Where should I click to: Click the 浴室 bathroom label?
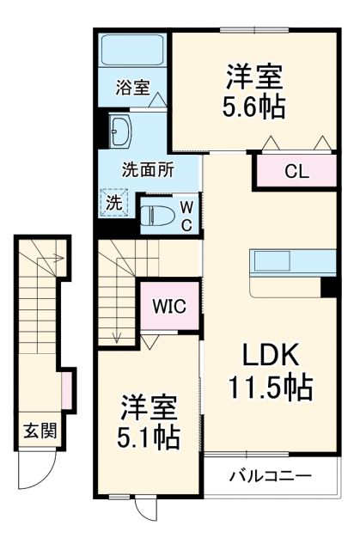pyautogui.click(x=132, y=87)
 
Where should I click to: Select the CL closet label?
pyautogui.click(x=296, y=171)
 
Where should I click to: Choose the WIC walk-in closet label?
pyautogui.click(x=171, y=307)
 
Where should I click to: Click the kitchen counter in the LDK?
pyautogui.click(x=292, y=261)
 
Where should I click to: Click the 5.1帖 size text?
pyautogui.click(x=149, y=438)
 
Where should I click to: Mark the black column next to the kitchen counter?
pyautogui.click(x=327, y=286)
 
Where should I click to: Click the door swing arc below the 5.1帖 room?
pyautogui.click(x=145, y=509)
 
